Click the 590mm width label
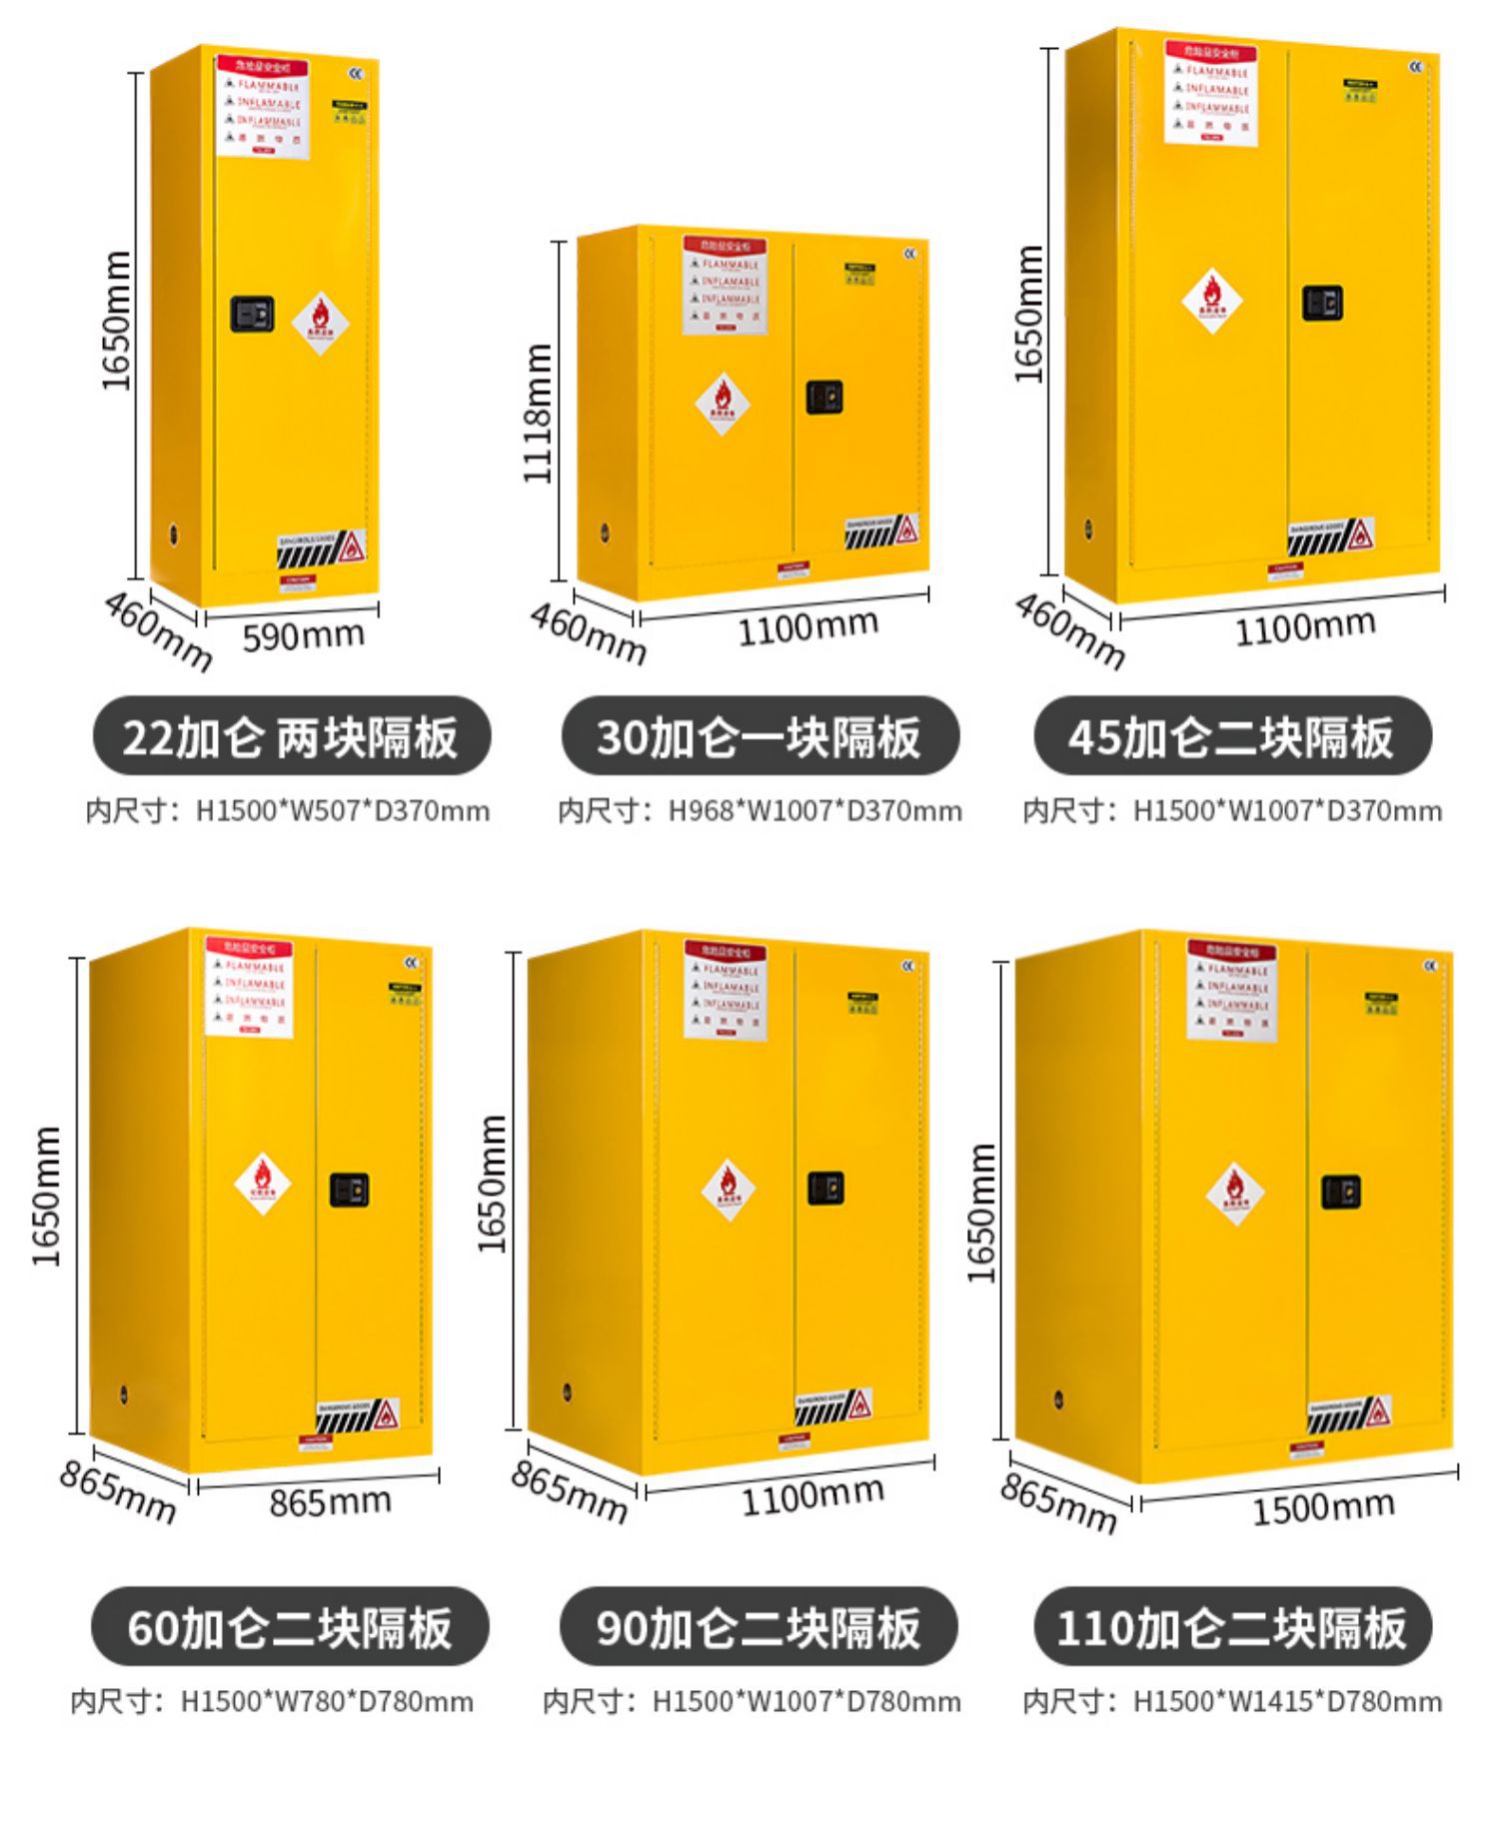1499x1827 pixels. (x=303, y=635)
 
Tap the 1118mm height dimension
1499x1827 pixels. (x=538, y=413)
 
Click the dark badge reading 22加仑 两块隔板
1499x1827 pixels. (x=291, y=736)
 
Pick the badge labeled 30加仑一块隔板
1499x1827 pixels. (x=759, y=736)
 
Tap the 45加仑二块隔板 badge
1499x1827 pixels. (x=1231, y=736)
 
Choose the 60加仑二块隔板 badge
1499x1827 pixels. (x=290, y=1626)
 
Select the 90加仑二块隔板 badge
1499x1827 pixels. (x=758, y=1626)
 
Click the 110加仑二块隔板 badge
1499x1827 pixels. (x=1231, y=1626)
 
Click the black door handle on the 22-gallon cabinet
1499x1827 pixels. (x=252, y=313)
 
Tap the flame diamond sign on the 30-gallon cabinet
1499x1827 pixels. (x=723, y=404)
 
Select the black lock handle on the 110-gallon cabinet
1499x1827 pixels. (x=1340, y=1191)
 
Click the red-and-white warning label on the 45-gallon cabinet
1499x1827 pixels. (x=1210, y=92)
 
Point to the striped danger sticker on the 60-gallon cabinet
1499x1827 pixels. (x=359, y=1415)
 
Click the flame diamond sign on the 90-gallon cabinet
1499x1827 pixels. (x=728, y=1189)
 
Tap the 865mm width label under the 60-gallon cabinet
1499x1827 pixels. (x=330, y=1501)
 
